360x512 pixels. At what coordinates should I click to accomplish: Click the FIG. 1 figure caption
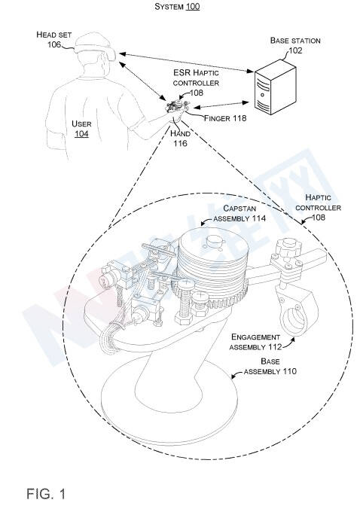point(46,493)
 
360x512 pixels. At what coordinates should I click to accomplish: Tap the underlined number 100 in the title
point(193,7)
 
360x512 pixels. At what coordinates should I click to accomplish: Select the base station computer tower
point(276,87)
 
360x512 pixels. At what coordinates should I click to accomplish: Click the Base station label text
point(295,41)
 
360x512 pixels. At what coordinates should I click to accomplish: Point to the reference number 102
point(295,50)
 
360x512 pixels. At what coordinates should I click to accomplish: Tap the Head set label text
point(54,35)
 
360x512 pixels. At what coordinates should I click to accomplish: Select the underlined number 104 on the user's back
point(81,134)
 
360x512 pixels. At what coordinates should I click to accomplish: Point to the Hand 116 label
point(180,139)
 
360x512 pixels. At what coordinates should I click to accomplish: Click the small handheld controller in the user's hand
point(178,107)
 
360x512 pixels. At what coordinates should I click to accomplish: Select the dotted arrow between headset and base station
point(187,62)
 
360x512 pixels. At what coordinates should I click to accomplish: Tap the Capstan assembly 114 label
point(239,213)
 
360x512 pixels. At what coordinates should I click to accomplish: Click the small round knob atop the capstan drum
point(215,241)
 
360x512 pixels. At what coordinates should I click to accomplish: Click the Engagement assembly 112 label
point(255,342)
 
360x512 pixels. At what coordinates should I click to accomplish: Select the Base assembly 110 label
point(270,367)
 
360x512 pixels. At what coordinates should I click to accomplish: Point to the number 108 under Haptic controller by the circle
point(318,218)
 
